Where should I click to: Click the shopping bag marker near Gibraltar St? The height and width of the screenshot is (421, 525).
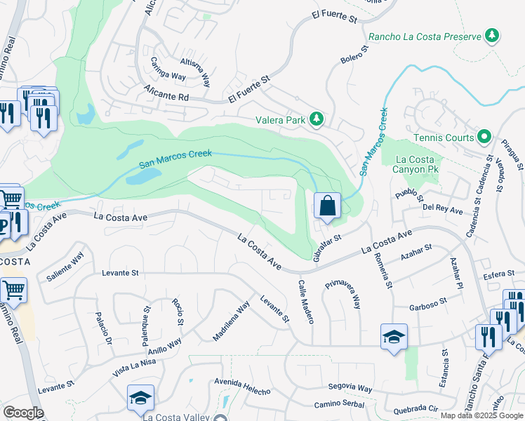point(327,206)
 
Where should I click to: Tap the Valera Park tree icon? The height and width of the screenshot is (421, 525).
point(317,119)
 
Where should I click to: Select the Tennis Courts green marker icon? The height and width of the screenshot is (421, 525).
point(484,137)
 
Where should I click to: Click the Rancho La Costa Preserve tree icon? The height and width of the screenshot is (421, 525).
point(492,36)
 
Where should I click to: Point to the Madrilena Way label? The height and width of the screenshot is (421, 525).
point(231,321)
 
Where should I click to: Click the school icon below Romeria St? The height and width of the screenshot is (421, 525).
point(394,336)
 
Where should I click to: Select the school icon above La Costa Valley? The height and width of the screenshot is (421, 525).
point(140,397)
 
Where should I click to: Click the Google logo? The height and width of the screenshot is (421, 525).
point(23,413)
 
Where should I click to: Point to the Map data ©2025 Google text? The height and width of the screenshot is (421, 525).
point(481,415)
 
